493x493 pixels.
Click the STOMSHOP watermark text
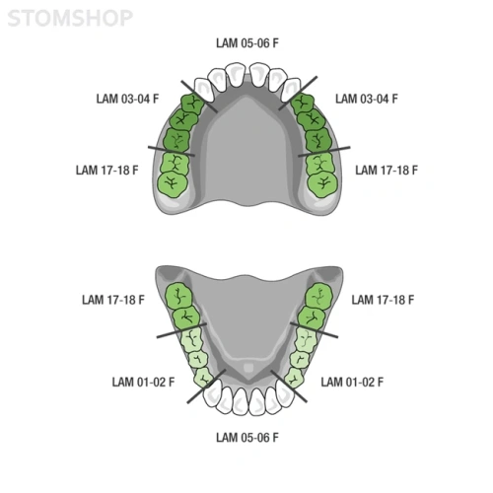[70, 18]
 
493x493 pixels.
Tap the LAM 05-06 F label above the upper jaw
[247, 43]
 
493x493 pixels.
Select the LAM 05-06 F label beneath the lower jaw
[247, 438]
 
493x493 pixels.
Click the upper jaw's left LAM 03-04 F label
[127, 99]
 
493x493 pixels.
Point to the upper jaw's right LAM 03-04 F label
[367, 99]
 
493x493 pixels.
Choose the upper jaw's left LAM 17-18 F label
[107, 171]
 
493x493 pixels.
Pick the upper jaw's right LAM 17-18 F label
[387, 171]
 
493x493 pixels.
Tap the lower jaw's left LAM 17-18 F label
[113, 300]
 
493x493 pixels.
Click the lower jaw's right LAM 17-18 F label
[383, 300]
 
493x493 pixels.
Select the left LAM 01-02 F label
[143, 382]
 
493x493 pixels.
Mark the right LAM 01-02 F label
[352, 382]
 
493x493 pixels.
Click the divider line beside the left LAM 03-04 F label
[199, 97]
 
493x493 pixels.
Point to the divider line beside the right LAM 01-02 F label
[289, 387]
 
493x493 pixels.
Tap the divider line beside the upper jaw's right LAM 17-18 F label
[324, 152]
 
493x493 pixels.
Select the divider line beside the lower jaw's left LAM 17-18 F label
[181, 330]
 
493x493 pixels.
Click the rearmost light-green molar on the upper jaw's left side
[173, 184]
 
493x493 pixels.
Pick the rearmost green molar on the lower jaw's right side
[319, 297]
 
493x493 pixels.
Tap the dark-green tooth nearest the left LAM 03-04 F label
[192, 105]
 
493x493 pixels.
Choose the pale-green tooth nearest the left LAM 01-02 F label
[204, 378]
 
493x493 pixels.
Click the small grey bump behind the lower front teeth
[248, 367]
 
